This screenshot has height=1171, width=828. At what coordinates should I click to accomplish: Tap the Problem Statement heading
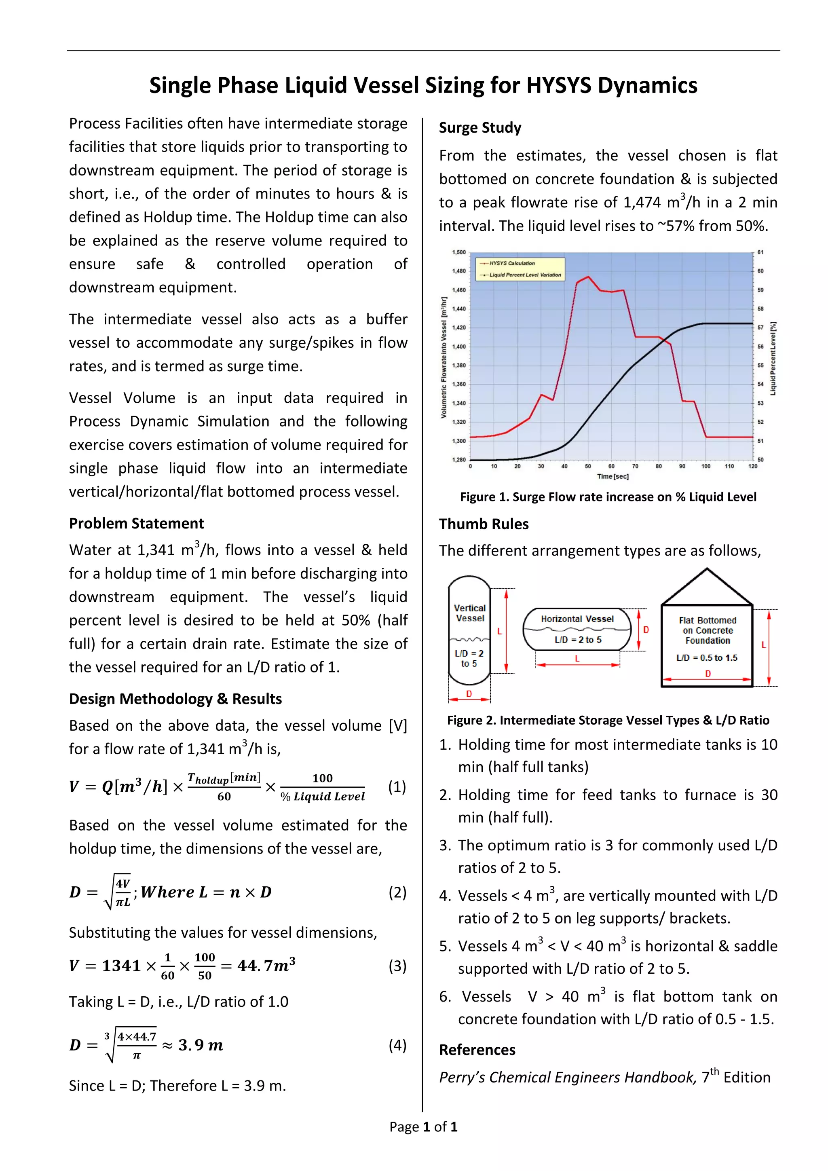pos(136,523)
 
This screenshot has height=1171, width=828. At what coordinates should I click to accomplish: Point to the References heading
pos(477,1050)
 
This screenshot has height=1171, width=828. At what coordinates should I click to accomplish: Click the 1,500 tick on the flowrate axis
pos(458,252)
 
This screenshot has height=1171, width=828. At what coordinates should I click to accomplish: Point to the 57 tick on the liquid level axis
pos(760,328)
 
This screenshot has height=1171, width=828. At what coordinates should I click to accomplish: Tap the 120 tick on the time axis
pos(752,466)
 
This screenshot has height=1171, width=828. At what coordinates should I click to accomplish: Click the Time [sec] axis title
pos(613,476)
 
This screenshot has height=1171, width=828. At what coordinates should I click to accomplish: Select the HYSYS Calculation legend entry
pos(511,263)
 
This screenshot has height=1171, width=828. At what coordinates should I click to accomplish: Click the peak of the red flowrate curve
pos(588,277)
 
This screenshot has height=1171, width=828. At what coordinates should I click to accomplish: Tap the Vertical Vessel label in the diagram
pos(469,613)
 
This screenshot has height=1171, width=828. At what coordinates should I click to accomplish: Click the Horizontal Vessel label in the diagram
pos(577,619)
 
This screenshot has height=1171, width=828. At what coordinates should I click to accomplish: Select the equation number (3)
pos(397,966)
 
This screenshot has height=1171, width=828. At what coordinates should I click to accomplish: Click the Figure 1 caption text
pos(608,497)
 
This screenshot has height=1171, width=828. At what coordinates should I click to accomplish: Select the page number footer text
pos(423,1127)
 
